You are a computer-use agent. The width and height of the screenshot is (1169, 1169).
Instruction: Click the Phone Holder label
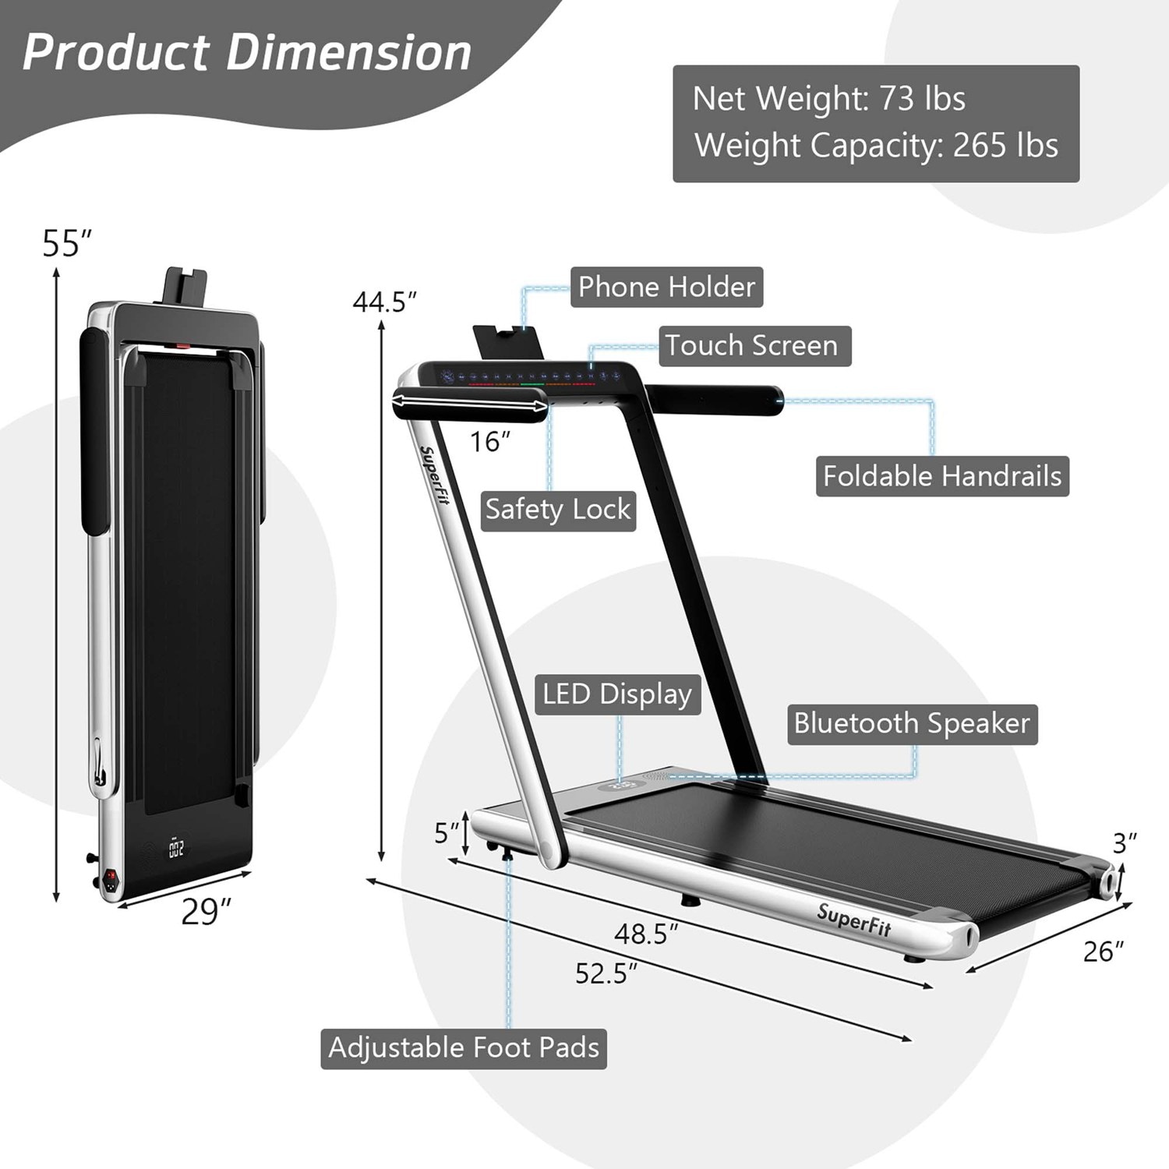(666, 287)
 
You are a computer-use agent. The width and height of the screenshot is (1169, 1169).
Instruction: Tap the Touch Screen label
(754, 345)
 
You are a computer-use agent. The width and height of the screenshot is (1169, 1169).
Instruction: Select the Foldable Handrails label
(942, 476)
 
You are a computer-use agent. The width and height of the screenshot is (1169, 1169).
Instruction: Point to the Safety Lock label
(558, 510)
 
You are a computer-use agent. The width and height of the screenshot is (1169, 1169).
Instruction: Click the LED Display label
(617, 694)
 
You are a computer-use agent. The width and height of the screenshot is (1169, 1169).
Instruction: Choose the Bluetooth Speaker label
(912, 724)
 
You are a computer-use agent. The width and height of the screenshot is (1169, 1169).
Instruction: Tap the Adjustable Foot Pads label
(464, 1048)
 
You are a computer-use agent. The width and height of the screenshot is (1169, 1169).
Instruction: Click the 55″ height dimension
(67, 243)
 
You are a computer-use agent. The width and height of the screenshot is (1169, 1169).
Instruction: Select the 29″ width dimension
(207, 912)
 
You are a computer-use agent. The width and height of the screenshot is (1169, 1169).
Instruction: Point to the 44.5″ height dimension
(384, 302)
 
